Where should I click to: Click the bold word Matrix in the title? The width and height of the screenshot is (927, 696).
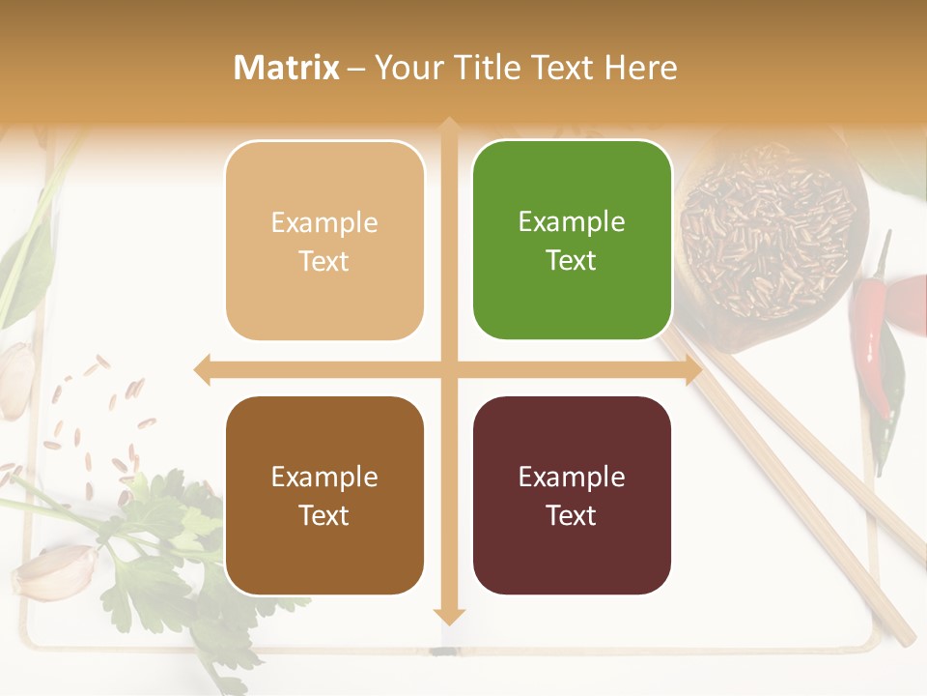click(x=287, y=68)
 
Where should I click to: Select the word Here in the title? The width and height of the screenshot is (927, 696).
click(x=640, y=68)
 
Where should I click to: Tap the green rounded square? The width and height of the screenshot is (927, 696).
click(x=572, y=240)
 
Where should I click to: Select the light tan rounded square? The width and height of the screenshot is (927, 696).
click(x=324, y=241)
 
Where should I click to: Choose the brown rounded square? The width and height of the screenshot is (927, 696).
click(x=324, y=495)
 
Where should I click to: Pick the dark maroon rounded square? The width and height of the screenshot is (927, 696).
click(x=572, y=495)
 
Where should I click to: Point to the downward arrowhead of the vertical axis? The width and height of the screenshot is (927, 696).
click(x=448, y=616)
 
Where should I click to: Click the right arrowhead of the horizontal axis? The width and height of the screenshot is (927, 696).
click(x=693, y=370)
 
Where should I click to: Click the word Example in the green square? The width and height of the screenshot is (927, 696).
click(x=572, y=221)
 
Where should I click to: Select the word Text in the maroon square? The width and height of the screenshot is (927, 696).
click(x=572, y=515)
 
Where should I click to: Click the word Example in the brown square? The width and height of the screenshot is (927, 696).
click(x=324, y=477)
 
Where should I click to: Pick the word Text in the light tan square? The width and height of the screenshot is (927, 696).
click(x=324, y=261)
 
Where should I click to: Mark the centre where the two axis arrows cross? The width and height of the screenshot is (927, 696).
click(x=448, y=370)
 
